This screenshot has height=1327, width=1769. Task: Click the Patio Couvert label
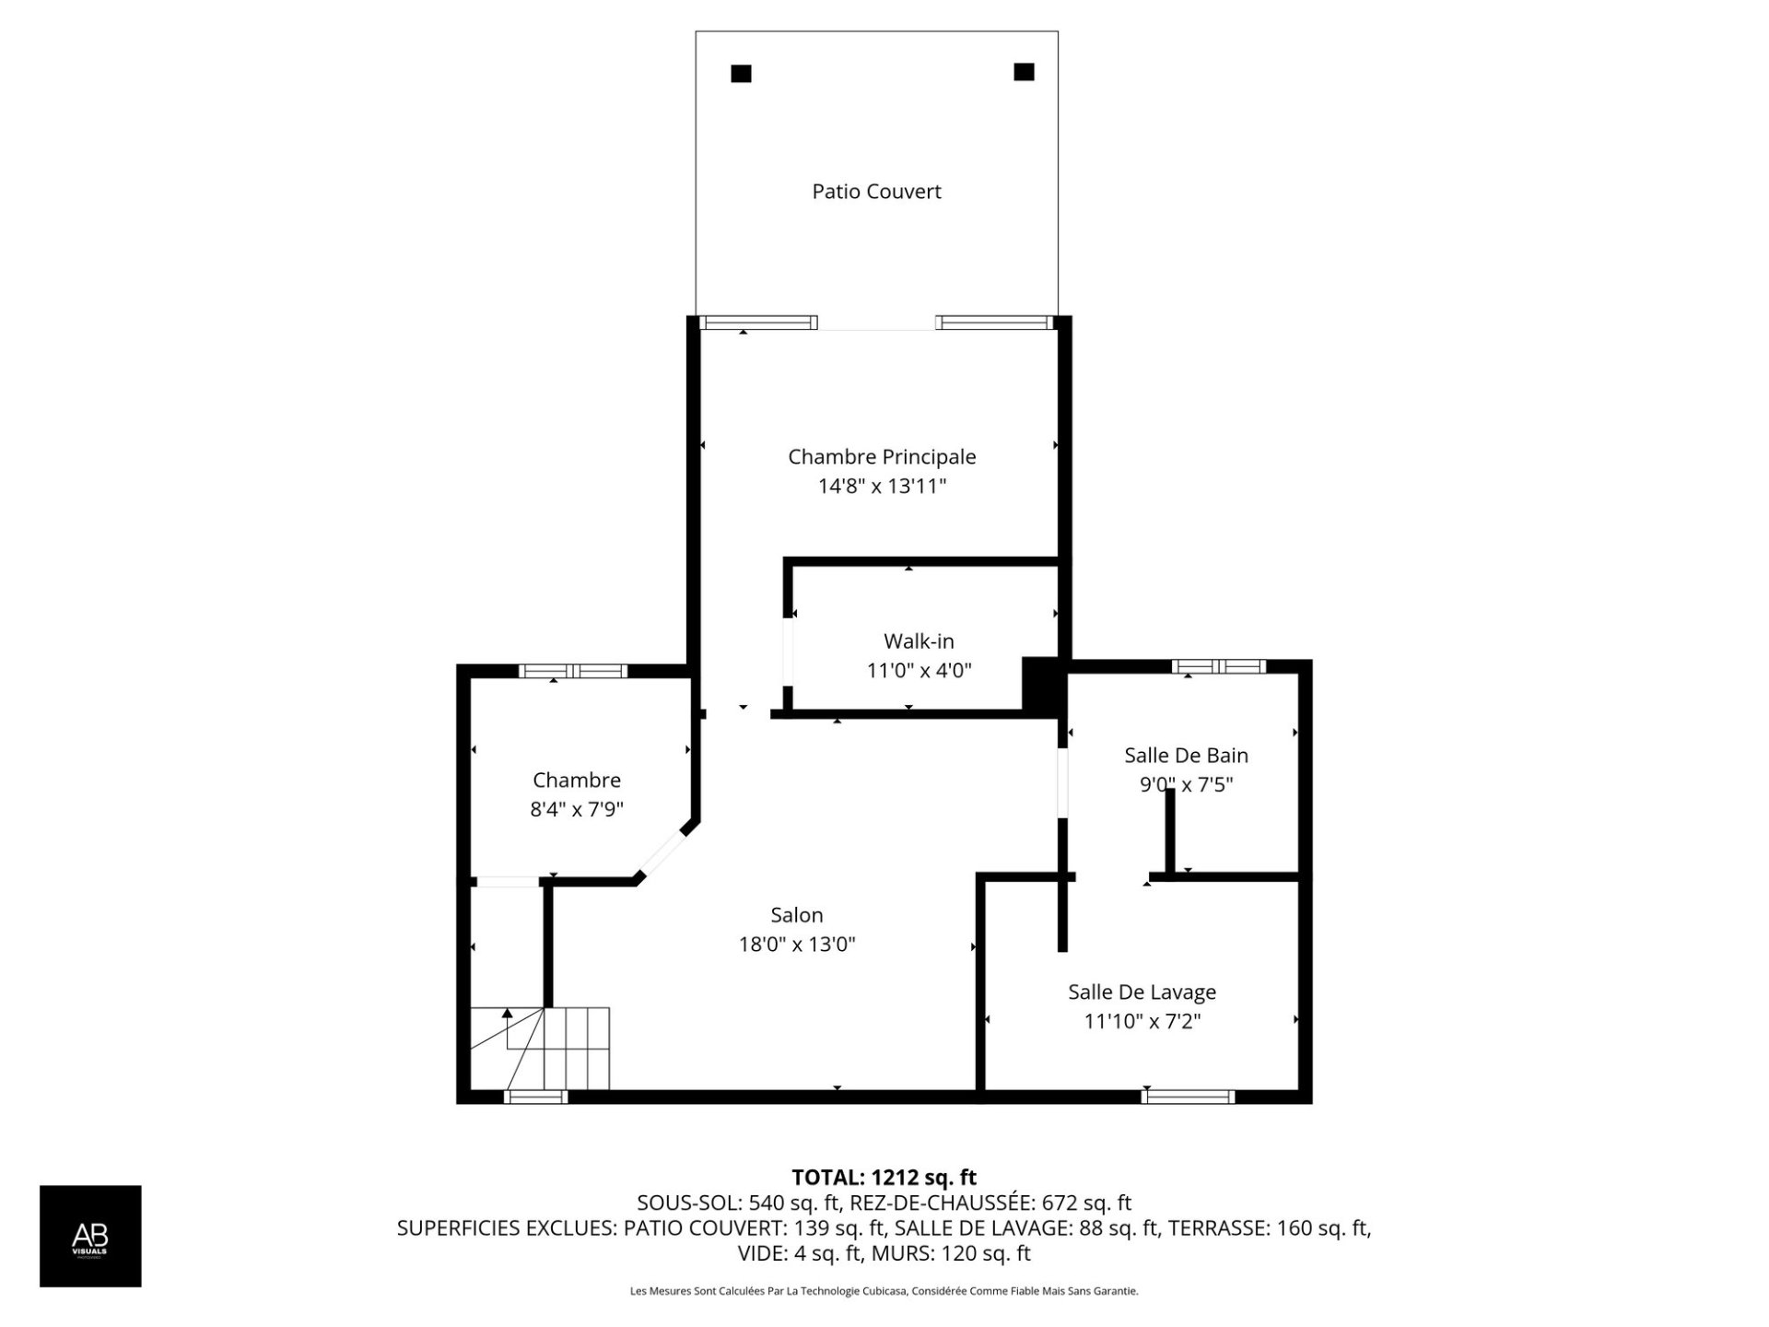pyautogui.click(x=876, y=192)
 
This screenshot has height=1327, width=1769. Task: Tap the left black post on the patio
pyautogui.click(x=741, y=74)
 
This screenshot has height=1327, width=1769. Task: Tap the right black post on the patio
pyautogui.click(x=1024, y=72)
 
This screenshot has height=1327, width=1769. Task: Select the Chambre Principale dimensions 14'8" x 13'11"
pyautogui.click(x=882, y=486)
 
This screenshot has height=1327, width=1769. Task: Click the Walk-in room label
pyautogui.click(x=919, y=640)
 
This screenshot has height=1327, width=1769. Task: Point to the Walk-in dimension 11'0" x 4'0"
pyautogui.click(x=919, y=670)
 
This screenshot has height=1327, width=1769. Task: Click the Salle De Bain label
pyautogui.click(x=1186, y=756)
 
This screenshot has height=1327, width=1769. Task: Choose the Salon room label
pyautogui.click(x=797, y=915)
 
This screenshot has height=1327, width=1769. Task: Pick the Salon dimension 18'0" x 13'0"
pyautogui.click(x=797, y=945)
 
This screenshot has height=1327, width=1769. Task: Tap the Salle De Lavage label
pyautogui.click(x=1142, y=992)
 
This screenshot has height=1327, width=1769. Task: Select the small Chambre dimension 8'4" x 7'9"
pyautogui.click(x=577, y=810)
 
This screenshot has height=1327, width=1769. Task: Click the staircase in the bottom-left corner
pyautogui.click(x=540, y=1049)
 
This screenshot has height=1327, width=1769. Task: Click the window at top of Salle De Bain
pyautogui.click(x=1219, y=666)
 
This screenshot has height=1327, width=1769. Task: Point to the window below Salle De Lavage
pyautogui.click(x=1188, y=1097)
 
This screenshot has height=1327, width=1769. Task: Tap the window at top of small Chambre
pyautogui.click(x=572, y=671)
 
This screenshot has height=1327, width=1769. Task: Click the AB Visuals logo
pyautogui.click(x=90, y=1236)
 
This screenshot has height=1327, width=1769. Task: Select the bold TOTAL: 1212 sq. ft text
pyautogui.click(x=884, y=1178)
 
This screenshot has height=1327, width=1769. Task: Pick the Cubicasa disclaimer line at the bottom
pyautogui.click(x=884, y=1291)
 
